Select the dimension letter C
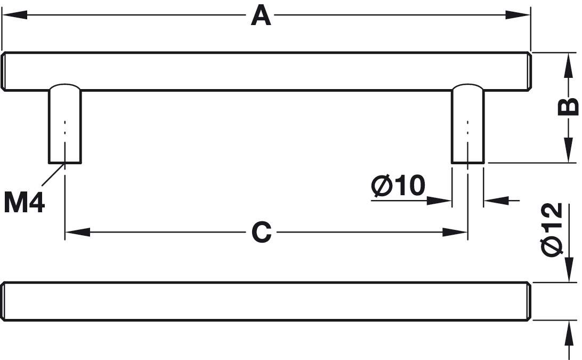(x=261, y=233)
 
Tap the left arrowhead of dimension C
(x=77, y=233)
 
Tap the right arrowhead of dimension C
(x=456, y=233)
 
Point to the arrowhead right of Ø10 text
(x=440, y=201)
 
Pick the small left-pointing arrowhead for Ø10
(x=495, y=201)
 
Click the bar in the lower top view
(x=266, y=301)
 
